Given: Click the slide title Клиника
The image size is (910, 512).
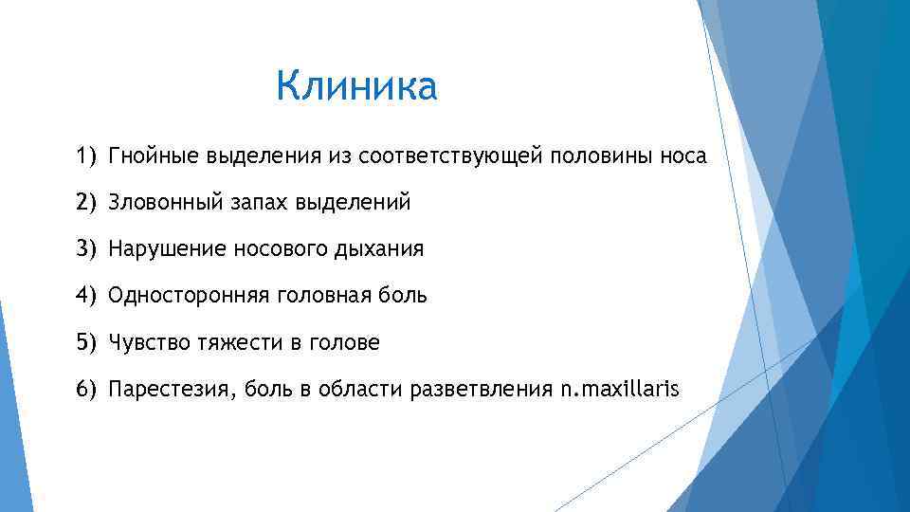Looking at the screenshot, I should (356, 87).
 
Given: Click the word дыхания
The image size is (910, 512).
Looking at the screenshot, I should (382, 249).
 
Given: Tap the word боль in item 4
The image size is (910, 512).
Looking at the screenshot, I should (404, 296).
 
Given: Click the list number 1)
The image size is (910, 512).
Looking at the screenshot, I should (87, 156).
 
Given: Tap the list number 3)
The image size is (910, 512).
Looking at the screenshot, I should (87, 249).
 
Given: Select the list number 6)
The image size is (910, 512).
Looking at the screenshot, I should (87, 389).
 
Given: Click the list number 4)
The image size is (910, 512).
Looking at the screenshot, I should (87, 296).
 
